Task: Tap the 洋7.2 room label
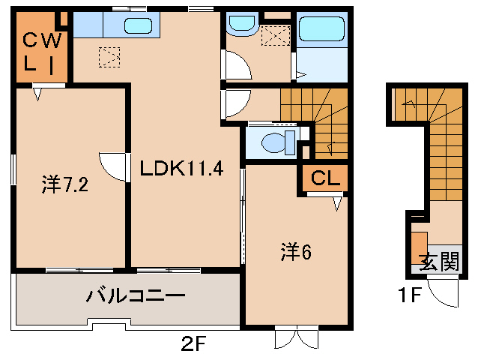pos(65,184)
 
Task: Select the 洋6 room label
pos(295,251)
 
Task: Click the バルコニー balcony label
pos(135,295)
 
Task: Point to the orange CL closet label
pos(324,178)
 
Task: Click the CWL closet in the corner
pos(36,51)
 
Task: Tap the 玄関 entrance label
pos(438,262)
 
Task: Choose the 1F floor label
pos(411,294)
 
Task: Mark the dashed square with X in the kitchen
pos(109,56)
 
